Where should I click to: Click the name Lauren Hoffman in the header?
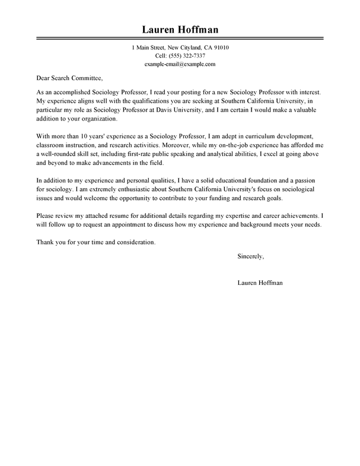coord(180,30)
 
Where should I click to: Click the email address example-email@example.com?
coord(180,64)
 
